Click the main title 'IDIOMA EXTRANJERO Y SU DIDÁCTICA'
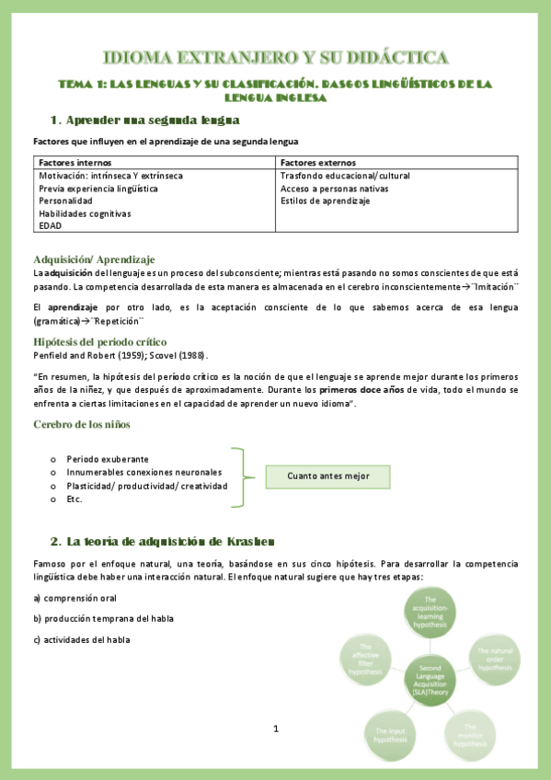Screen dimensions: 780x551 pyautogui.click(x=275, y=59)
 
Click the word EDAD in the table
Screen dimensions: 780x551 pyautogui.click(x=51, y=225)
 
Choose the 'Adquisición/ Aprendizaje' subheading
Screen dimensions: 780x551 pyautogui.click(x=94, y=259)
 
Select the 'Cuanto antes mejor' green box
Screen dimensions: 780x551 pyautogui.click(x=328, y=476)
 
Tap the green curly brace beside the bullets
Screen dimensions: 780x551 pyautogui.click(x=242, y=477)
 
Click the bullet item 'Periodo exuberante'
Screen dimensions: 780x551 pyautogui.click(x=108, y=459)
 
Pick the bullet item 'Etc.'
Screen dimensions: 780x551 pyautogui.click(x=75, y=499)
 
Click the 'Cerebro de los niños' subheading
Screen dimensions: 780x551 pyautogui.click(x=82, y=424)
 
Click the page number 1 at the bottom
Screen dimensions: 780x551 pyautogui.click(x=275, y=728)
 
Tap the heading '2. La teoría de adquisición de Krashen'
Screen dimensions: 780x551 pyautogui.click(x=161, y=539)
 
